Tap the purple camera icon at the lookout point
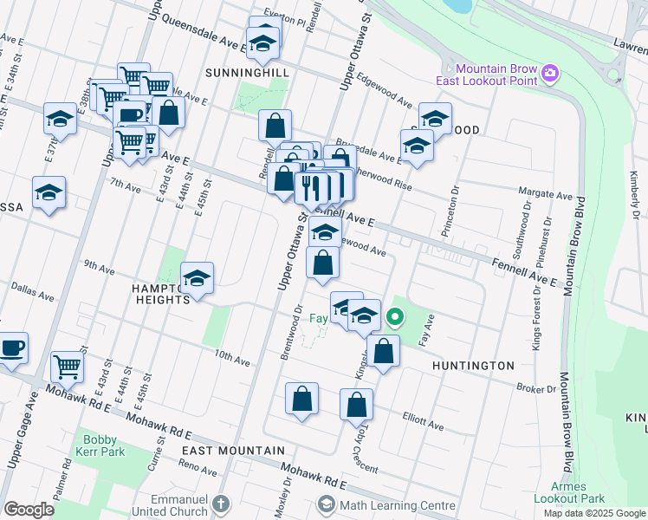[549, 76]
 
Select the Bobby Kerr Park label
[105, 445]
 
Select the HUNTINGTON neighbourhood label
[473, 366]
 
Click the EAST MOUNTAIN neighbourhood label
[233, 451]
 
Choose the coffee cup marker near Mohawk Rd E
[13, 348]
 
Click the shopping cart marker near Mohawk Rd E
[68, 367]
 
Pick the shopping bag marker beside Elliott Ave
[356, 404]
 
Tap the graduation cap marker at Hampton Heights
[198, 277]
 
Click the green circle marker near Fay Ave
[395, 317]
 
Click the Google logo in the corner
[29, 510]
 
